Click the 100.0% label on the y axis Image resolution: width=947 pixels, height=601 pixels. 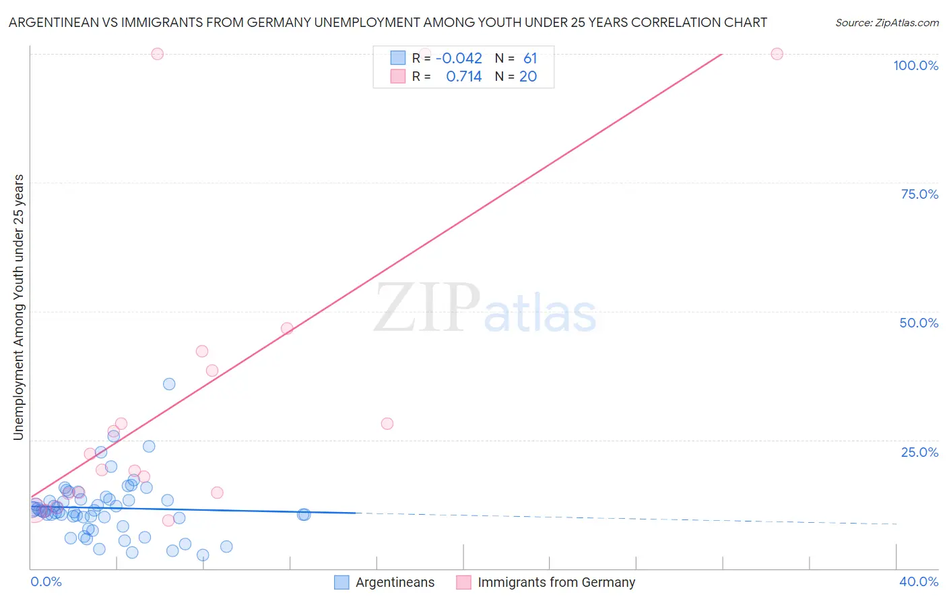pos(915,65)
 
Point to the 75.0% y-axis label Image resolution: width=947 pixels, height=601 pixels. pos(919,194)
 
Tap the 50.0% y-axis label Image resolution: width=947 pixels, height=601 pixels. pos(919,323)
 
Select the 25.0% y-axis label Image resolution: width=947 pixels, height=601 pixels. pos(919,451)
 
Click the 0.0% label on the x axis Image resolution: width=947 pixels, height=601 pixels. pos(46,581)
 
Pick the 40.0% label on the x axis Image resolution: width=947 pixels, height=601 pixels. pos(918,581)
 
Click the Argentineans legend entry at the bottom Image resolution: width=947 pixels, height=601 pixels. pos(395,582)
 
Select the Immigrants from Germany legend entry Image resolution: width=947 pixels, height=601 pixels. pos(556,582)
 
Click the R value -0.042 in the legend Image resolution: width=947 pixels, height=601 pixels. pos(459,59)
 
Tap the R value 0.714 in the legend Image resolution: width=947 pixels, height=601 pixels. pos(463,77)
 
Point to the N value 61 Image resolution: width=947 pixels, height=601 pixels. pos(530,59)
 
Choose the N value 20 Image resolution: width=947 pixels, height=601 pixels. pos(528,77)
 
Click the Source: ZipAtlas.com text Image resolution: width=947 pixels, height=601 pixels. pos(886,23)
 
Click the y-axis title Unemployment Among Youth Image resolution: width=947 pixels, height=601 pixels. pos(18,307)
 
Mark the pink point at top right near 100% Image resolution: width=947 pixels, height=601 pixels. pos(777,54)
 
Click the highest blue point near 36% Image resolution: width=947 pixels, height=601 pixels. pos(169,384)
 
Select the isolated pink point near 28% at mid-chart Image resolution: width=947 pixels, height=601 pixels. pos(387,424)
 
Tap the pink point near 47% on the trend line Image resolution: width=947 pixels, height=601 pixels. pos(287,329)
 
